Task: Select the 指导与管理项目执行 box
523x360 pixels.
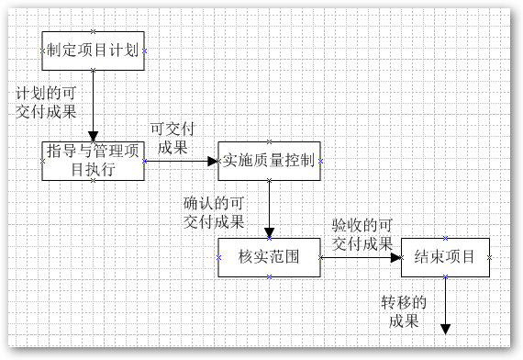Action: (x=93, y=162)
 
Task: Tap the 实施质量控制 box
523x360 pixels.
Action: (x=269, y=161)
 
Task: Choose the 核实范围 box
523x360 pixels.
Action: (x=269, y=257)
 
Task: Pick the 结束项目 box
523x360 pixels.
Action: (x=445, y=257)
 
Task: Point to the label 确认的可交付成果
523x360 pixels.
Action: (x=214, y=212)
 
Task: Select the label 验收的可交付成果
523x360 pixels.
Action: (x=362, y=234)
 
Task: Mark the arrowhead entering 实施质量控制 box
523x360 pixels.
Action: (x=212, y=162)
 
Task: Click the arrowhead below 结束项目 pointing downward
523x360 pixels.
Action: (x=445, y=326)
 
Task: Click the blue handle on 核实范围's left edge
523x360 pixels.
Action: (x=218, y=258)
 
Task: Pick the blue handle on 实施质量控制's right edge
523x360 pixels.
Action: (x=319, y=162)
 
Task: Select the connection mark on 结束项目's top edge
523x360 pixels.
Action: (x=445, y=238)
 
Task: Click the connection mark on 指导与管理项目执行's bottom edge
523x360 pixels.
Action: (x=93, y=182)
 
